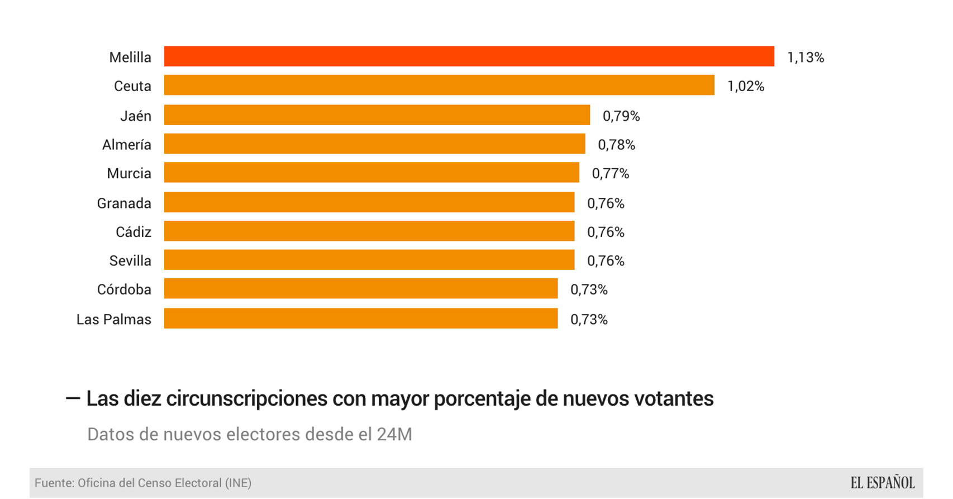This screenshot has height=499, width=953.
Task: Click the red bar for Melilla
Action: coord(469,56)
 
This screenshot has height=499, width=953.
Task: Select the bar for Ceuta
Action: coord(439,85)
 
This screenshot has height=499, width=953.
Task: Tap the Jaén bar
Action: coord(377,115)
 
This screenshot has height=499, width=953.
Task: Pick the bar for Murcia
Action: coord(371,173)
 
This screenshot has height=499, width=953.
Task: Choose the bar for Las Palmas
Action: coord(361,319)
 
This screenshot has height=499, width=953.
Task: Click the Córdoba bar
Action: coord(361,289)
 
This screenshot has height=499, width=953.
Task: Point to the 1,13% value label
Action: coord(806,58)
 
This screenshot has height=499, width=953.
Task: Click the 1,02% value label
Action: coord(746,87)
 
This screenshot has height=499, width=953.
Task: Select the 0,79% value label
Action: coord(621,116)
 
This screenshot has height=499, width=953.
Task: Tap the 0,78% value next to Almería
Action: coord(617,145)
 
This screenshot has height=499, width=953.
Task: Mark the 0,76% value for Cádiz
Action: coord(606,232)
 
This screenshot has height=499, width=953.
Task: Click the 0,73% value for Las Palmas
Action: coord(589,320)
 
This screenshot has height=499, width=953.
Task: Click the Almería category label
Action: coord(127,145)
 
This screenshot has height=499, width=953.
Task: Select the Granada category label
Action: coord(124,203)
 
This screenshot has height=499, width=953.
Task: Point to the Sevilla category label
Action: coord(130,261)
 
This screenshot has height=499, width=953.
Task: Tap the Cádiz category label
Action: coord(134,232)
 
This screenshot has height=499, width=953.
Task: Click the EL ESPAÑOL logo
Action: coord(883,483)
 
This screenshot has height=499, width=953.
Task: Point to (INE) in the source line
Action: coord(238,483)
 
